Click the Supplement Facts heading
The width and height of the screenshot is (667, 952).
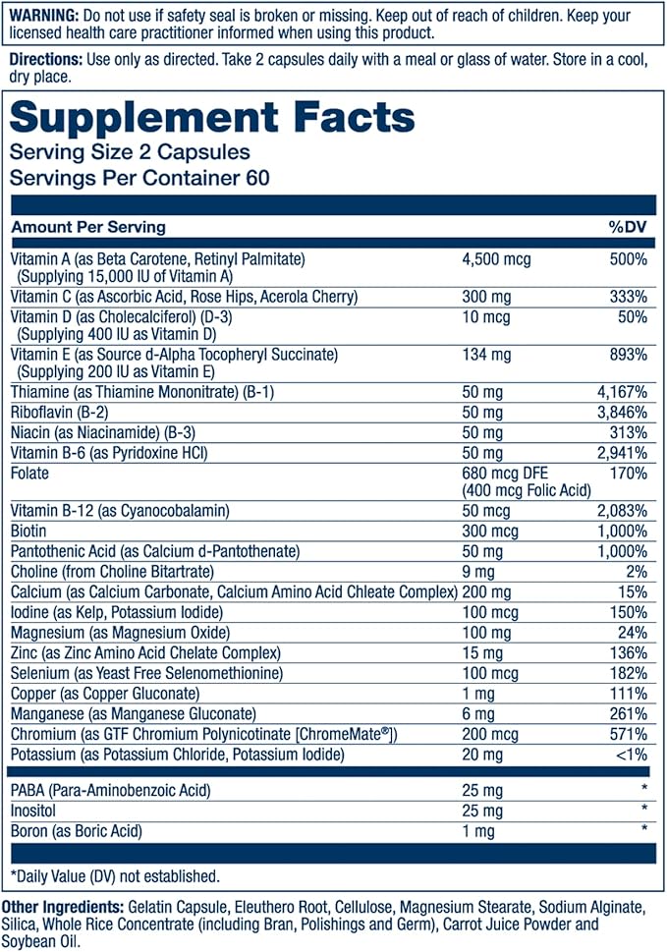pos(212,117)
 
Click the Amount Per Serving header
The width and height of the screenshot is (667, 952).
pos(87,227)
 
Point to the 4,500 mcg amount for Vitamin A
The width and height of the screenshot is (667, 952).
pos(497,259)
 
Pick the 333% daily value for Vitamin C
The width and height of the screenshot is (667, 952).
pos(628,297)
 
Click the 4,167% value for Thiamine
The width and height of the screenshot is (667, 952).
pos(621,391)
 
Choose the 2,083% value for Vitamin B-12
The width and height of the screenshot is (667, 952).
pos(621,510)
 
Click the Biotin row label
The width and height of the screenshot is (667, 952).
pos(29,531)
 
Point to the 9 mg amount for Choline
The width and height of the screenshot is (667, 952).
pos(479,572)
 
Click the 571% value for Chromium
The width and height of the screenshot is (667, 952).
pos(628,735)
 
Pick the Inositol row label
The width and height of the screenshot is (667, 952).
pos(33,811)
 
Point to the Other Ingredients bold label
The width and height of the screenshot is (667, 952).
pos(62,906)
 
